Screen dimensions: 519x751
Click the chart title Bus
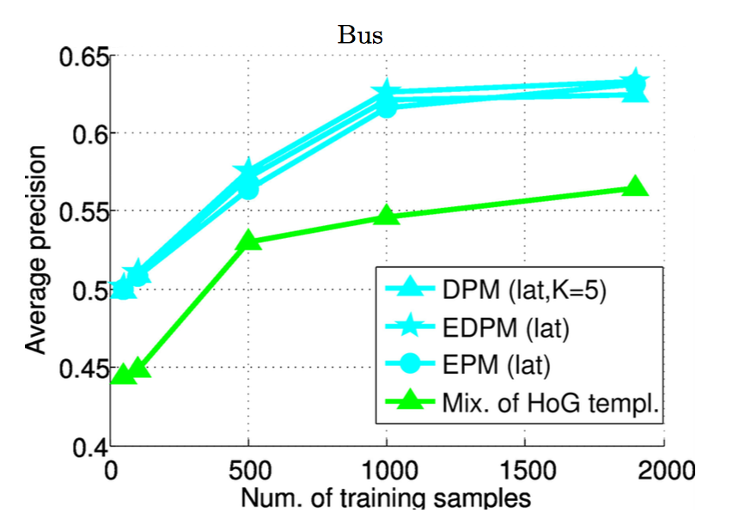tap(359, 35)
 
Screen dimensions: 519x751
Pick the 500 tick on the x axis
tap(247, 471)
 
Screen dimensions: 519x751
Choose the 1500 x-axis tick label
tap(524, 471)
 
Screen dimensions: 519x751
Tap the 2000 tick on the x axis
tap(662, 471)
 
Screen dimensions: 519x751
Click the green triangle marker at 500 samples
tap(248, 241)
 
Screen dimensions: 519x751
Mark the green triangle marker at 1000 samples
tap(387, 216)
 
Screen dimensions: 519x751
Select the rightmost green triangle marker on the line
tap(635, 187)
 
